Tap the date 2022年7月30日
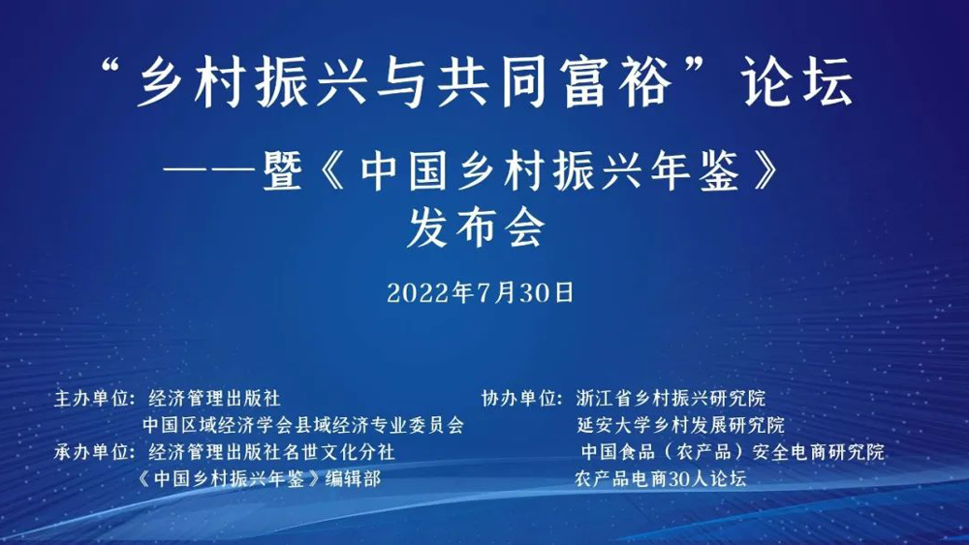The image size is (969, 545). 481,292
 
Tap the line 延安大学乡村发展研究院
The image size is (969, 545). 680,425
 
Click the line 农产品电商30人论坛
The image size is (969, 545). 660,478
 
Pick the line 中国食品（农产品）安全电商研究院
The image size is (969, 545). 733,452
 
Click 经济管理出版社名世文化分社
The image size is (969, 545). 271,452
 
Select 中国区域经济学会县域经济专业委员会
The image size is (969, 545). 303,425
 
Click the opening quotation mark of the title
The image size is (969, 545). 115,70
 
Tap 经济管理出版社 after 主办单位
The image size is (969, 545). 215,398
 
